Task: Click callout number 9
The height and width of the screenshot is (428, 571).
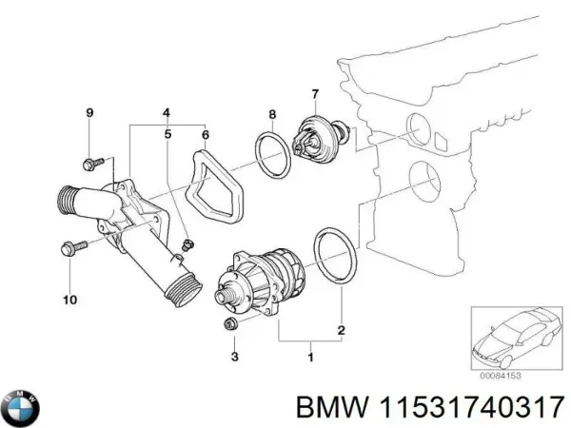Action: coord(90,114)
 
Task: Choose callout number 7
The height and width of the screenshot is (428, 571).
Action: coord(314,93)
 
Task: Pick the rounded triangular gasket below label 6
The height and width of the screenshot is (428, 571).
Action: coord(214,185)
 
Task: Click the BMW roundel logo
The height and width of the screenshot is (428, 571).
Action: coord(21,408)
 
